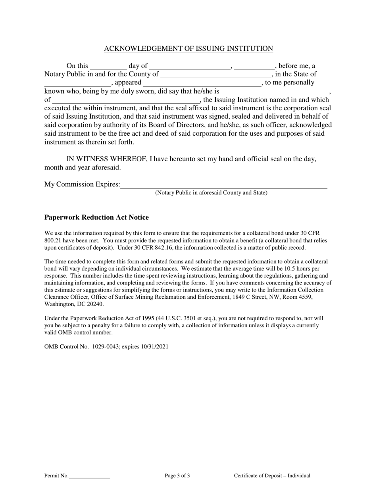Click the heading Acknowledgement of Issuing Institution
pyautogui.click(x=188, y=49)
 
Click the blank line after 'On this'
pyautogui.click(x=108, y=67)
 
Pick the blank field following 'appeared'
pyautogui.click(x=202, y=83)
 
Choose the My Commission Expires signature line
pyautogui.click(x=224, y=185)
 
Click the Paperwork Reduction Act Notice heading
pyautogui.click(x=96, y=217)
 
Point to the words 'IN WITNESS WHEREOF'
pyautogui.click(x=104, y=159)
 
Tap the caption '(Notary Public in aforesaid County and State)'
pyautogui.click(x=211, y=193)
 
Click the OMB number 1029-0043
pyautogui.click(x=105, y=346)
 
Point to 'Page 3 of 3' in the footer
pyautogui.click(x=177, y=476)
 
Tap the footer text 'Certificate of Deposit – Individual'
pyautogui.click(x=272, y=476)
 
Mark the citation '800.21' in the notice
pyautogui.click(x=52, y=240)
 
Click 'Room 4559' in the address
pyautogui.click(x=299, y=297)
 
